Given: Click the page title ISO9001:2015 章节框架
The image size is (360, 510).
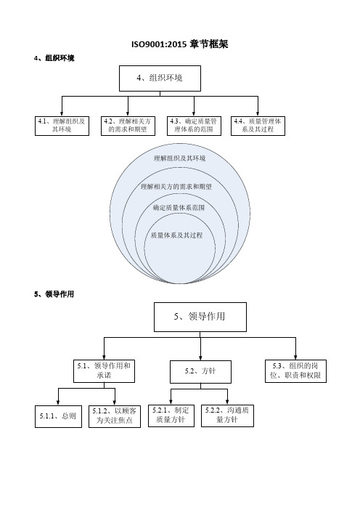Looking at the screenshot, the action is (x=180, y=44).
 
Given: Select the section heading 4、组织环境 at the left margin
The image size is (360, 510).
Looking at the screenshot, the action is (x=54, y=58).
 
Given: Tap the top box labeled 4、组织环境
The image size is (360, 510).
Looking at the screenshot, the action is (x=160, y=78).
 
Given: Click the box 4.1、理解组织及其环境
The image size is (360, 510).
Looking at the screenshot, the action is (x=62, y=126).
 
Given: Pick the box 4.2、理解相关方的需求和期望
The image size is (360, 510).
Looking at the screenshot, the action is (x=128, y=126).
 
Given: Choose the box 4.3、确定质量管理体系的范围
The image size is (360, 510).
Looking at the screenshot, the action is (x=194, y=126).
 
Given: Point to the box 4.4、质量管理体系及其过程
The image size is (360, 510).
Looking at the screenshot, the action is (x=258, y=126).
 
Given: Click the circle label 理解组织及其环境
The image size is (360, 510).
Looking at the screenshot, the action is (x=180, y=158).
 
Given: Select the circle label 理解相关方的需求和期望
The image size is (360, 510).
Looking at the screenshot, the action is (x=176, y=187).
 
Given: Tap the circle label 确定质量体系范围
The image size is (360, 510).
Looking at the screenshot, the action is (x=179, y=208).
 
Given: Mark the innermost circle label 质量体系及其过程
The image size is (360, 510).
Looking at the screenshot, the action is (x=177, y=235).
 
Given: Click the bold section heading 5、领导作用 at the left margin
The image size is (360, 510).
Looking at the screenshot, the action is (x=54, y=294).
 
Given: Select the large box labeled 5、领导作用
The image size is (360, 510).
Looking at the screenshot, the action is (x=200, y=317).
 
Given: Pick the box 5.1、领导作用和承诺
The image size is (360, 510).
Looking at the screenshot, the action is (x=104, y=371).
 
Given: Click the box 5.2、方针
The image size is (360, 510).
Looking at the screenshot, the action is (x=200, y=372).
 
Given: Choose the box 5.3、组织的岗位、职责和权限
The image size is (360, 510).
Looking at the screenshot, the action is (x=295, y=371).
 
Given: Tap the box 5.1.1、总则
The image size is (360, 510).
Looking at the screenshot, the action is (x=58, y=416).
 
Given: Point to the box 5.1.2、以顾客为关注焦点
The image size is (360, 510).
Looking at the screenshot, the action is (x=115, y=416).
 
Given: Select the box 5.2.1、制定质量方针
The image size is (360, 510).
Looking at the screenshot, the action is (x=171, y=416).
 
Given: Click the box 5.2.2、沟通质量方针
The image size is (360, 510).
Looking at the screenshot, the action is (x=227, y=416).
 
